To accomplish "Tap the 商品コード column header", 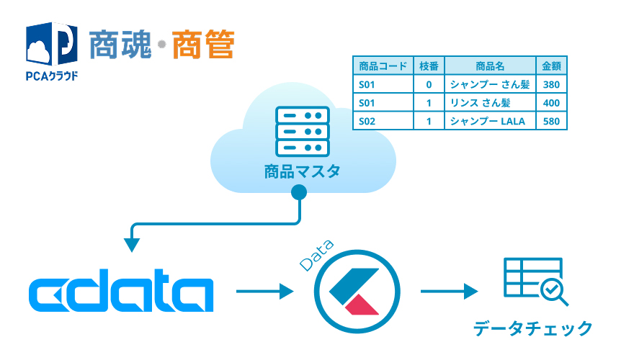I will [383, 66].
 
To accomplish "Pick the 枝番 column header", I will [429, 66].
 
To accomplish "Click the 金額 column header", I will [552, 66].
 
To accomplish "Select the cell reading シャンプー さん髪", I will [489, 84].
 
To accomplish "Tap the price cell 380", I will [552, 84].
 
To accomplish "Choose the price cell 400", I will [552, 102].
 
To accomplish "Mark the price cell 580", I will [552, 121].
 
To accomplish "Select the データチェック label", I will [533, 328].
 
